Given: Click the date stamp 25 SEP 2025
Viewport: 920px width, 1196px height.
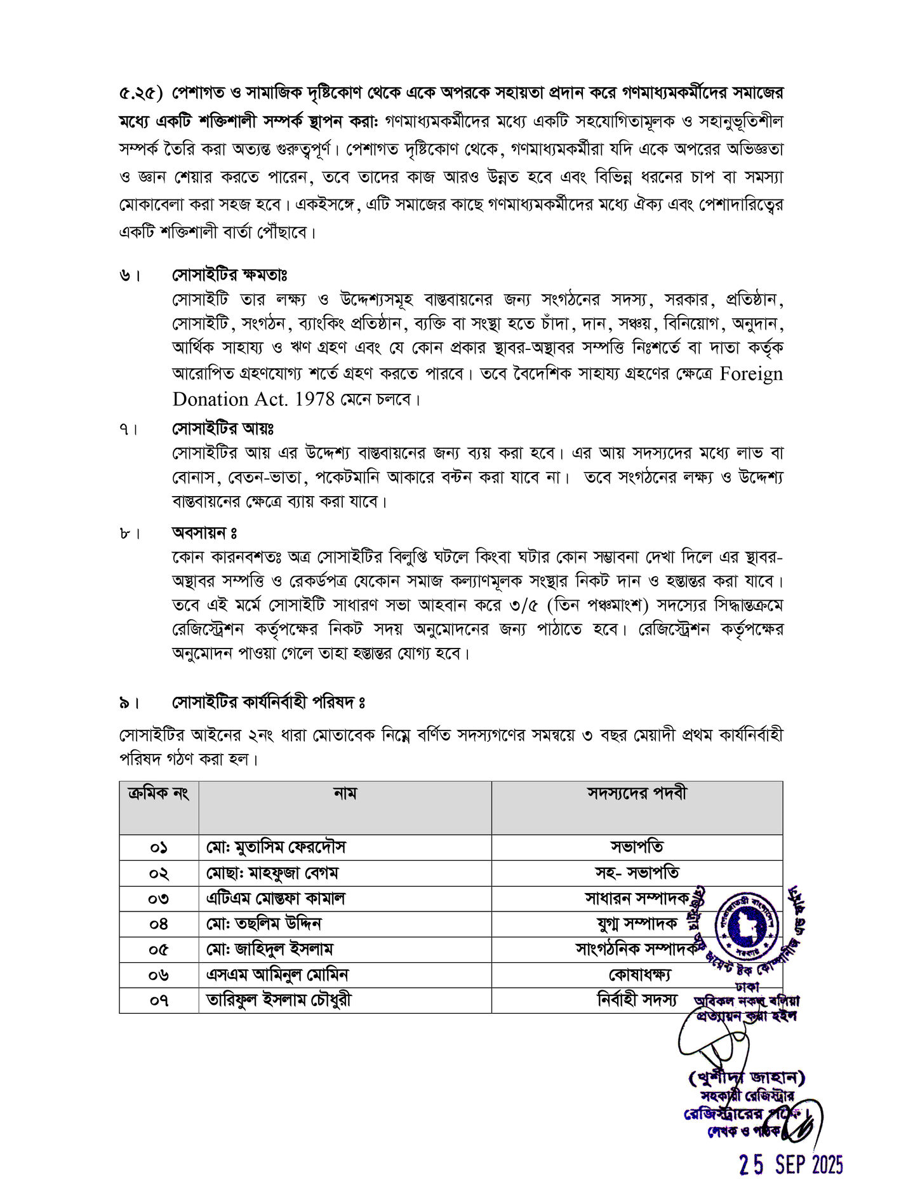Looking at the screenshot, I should (791, 1165).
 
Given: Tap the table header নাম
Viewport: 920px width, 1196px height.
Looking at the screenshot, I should (345, 793).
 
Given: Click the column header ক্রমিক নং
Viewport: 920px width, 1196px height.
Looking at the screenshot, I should (159, 793).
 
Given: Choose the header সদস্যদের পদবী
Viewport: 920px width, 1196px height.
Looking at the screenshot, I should (636, 793).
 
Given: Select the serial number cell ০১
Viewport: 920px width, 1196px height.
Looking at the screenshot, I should (159, 848).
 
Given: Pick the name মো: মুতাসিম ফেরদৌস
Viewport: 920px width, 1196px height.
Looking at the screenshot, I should (276, 848).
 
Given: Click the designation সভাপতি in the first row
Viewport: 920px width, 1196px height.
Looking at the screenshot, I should (637, 848).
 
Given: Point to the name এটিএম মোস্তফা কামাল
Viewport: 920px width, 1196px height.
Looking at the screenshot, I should (276, 899).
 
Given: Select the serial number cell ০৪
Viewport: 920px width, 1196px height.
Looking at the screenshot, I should (159, 924).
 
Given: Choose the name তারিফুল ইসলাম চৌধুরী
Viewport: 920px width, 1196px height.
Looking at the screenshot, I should (279, 1000).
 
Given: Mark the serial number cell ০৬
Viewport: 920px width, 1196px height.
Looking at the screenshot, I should (159, 975).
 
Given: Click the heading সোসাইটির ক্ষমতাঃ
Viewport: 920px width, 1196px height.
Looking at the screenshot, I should (230, 275).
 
